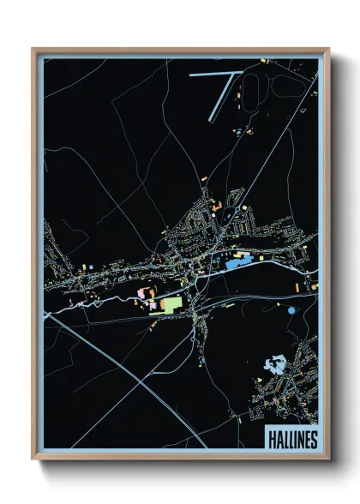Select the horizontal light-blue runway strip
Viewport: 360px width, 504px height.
coord(211,75)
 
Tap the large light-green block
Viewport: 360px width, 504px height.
coord(173,304)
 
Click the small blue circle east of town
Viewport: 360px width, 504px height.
coord(292,310)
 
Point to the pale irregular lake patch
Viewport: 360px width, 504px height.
coord(276,363)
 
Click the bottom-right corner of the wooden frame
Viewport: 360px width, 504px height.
coord(327,459)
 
